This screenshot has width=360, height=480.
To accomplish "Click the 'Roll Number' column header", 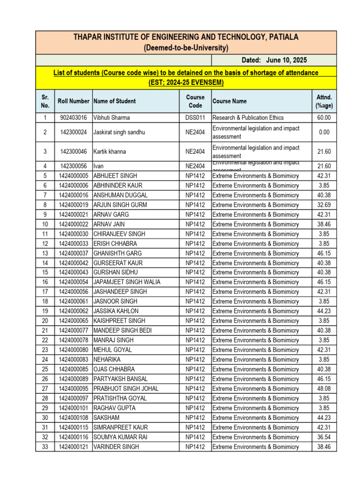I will pyautogui.click(x=73, y=101).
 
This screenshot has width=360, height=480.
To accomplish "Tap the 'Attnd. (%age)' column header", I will pyautogui.click(x=324, y=101).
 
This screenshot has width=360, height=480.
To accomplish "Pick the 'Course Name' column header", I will pyautogui.click(x=230, y=101).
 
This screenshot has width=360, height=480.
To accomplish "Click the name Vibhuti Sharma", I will pyautogui.click(x=112, y=118).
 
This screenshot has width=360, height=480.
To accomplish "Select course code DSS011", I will pyautogui.click(x=195, y=118).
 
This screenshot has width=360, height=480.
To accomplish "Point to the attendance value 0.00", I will pyautogui.click(x=324, y=132).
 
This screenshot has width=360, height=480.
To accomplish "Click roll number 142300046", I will pyautogui.click(x=73, y=152).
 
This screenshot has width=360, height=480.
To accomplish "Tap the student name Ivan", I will pyautogui.click(x=98, y=166).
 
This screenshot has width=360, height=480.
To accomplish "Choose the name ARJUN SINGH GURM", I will pyautogui.click(x=120, y=205).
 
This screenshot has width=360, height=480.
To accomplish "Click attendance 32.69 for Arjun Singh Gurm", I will pyautogui.click(x=324, y=205).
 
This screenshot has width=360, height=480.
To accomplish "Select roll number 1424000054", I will pyautogui.click(x=73, y=282).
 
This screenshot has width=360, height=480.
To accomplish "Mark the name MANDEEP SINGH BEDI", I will pyautogui.click(x=122, y=330).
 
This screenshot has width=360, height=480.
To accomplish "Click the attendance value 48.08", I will pyautogui.click(x=324, y=389).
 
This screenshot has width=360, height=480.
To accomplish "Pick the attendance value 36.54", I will pyautogui.click(x=324, y=437).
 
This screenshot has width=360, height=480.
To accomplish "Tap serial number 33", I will pyautogui.click(x=45, y=447).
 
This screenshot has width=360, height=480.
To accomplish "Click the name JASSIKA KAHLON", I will pyautogui.click(x=116, y=311).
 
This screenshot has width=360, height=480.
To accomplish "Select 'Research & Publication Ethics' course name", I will pyautogui.click(x=248, y=118).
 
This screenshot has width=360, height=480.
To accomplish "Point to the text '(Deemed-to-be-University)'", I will pyautogui.click(x=186, y=48).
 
